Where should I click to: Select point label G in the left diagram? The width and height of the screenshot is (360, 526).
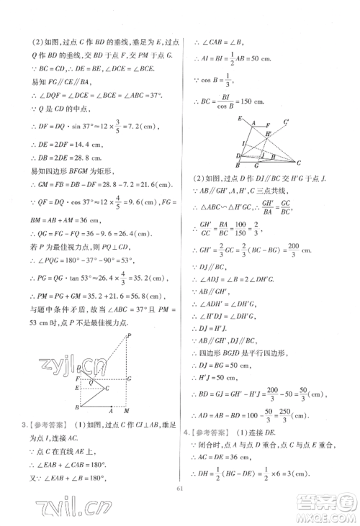pyautogui.click(x=128, y=378)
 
